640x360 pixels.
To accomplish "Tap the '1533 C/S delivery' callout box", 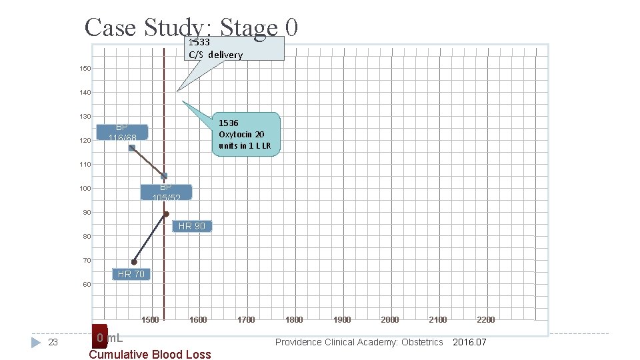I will tap(233, 49).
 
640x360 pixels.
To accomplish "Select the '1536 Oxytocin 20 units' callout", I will tap(245, 134).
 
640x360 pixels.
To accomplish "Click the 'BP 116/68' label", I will tap(122, 132).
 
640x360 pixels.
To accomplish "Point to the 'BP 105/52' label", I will tap(165, 192).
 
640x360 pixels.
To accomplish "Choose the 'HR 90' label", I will tap(191, 227).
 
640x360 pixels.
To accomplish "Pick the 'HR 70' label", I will tap(131, 274).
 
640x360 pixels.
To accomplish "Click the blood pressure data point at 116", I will tap(132, 148).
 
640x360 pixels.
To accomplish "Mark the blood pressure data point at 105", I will tap(164, 176).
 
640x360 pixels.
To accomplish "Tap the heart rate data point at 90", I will tap(166, 214).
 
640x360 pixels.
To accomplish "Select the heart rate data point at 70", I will tap(134, 262).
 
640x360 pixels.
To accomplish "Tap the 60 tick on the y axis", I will tap(87, 285).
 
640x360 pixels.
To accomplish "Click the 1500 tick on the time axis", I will tap(150, 320).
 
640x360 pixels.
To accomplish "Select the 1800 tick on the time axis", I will tap(294, 320).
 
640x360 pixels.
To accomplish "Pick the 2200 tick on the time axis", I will tap(486, 320).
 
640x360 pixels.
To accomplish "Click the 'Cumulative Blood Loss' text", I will tap(150, 355).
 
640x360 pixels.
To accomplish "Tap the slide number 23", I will tap(54, 342).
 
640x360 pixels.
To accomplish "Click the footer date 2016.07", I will tap(470, 342).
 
